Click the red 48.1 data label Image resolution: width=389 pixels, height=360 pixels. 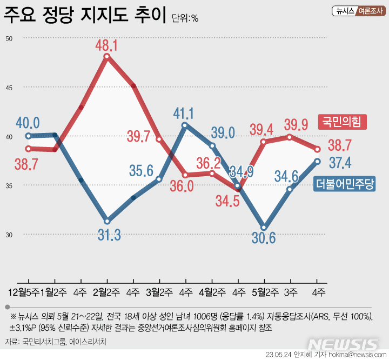pos(107,44)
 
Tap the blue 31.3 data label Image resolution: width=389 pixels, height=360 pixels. pos(110,235)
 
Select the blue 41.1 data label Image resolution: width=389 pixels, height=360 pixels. pos(184,113)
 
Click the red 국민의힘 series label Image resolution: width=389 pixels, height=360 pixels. pos(341,122)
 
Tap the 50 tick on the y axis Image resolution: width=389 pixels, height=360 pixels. pos(10,38)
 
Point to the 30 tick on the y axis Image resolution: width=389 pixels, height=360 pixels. pos(10,235)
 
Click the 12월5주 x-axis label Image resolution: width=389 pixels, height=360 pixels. pos(22,292)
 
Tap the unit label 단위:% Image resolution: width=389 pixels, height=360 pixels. pos(185,18)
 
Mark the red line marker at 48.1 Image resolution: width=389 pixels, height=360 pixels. pos(107,56)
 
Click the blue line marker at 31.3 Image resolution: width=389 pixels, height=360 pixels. pos(107,221)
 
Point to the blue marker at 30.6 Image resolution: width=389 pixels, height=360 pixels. pos(264,228)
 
